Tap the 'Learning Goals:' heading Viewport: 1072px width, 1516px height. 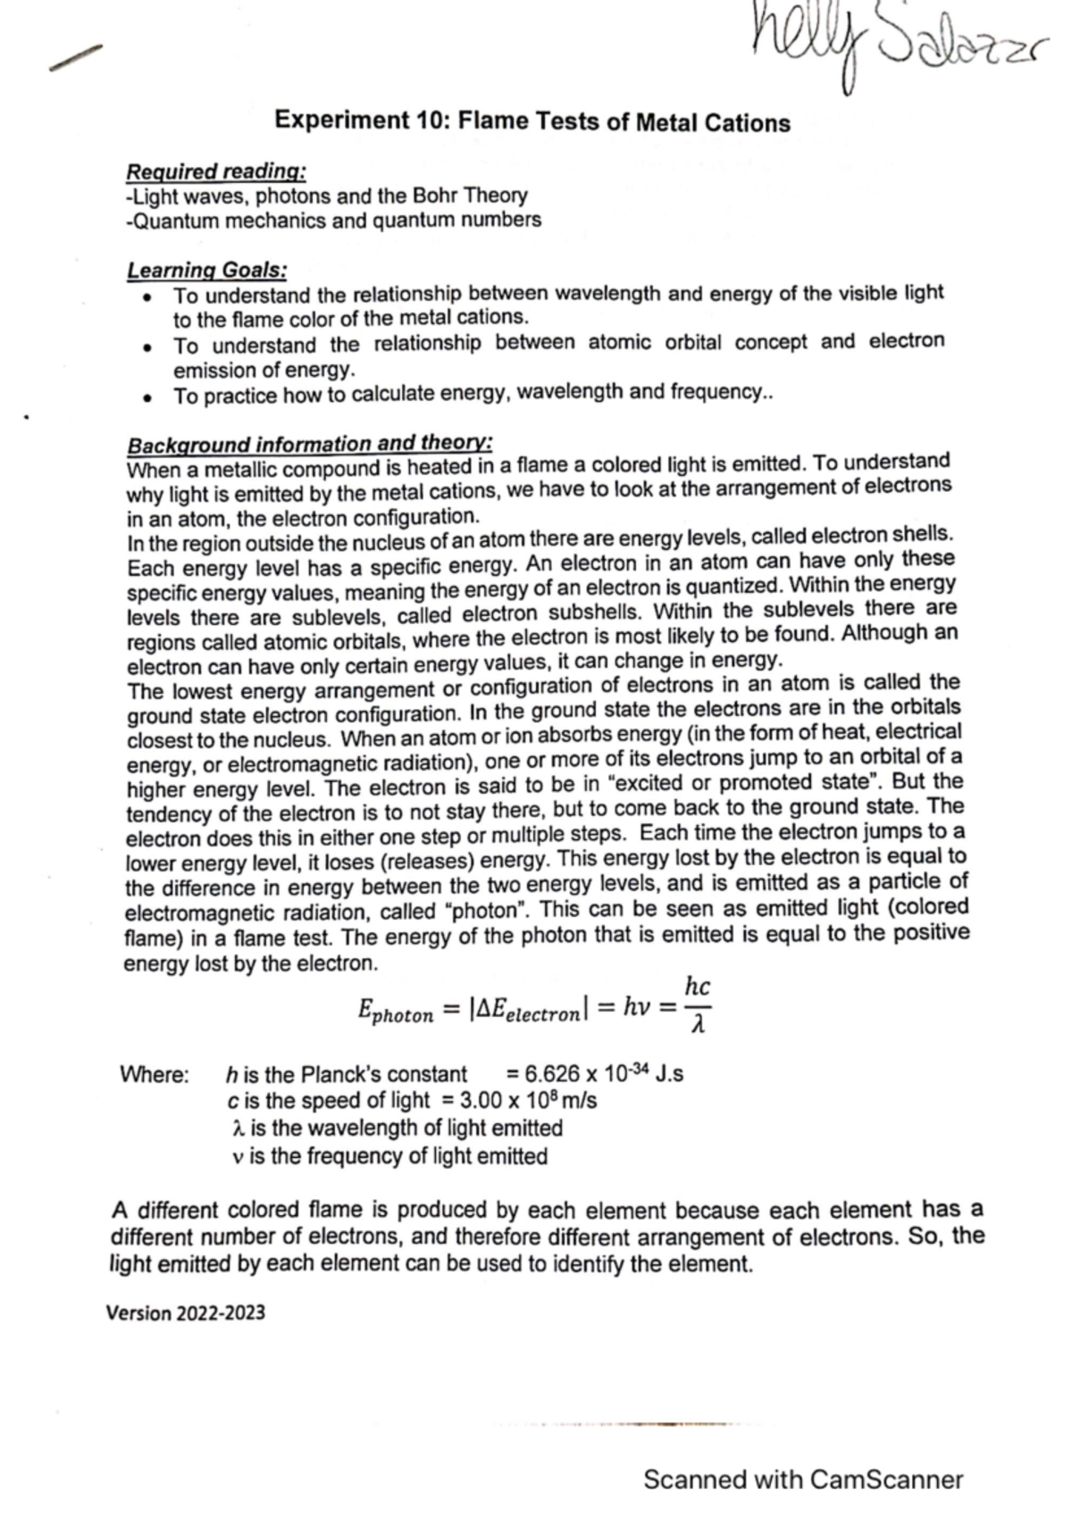coord(206,269)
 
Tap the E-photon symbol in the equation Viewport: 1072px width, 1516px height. coord(394,1011)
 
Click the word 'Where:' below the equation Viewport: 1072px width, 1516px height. coord(154,1074)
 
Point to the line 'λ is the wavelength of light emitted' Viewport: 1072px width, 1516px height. coord(396,1129)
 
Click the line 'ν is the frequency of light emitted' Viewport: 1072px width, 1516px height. coord(389,1156)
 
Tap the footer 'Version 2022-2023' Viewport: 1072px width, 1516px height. coord(185,1313)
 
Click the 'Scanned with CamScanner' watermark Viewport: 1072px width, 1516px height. coord(803,1479)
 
